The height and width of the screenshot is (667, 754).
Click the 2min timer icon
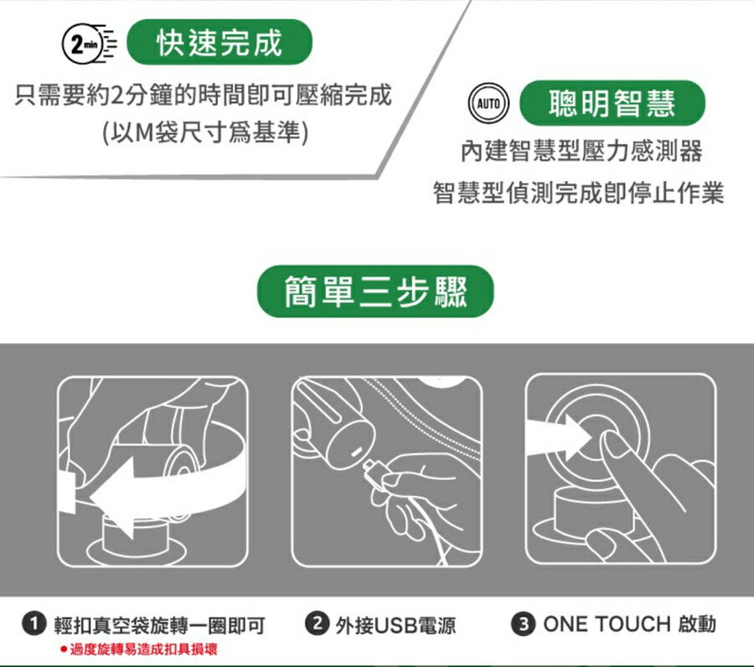[89, 44]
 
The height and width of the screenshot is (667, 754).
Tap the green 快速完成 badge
[219, 43]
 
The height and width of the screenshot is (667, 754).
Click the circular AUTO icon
[488, 103]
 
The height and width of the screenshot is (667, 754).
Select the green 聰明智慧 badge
[612, 103]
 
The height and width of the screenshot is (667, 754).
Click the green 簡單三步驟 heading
[375, 292]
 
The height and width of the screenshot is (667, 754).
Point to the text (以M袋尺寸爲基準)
[205, 132]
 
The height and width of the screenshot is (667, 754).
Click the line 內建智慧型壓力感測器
[581, 151]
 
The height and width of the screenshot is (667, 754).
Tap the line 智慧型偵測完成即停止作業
[578, 193]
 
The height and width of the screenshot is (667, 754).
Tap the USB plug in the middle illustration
[374, 470]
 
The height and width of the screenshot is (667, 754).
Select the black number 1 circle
[34, 623]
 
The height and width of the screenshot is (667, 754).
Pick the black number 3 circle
[524, 623]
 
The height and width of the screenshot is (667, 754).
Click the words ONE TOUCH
[607, 624]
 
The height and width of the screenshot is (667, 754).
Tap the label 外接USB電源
[395, 625]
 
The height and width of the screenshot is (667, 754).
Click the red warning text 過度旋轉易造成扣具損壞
[143, 649]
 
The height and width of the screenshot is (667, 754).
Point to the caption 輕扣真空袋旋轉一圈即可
[159, 625]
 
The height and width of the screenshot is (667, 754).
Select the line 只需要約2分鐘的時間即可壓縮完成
[203, 95]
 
